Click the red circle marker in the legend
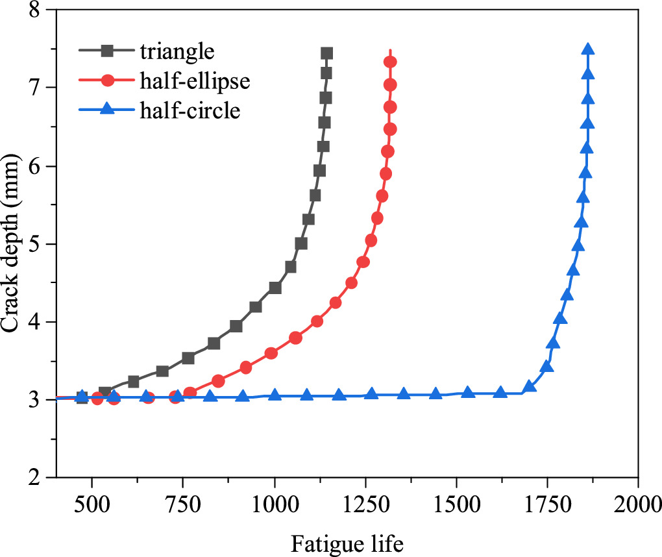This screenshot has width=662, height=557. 108,80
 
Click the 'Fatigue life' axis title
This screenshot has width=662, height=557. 347,542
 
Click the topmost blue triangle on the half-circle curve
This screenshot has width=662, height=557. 588,50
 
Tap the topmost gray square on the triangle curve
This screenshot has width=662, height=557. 326,53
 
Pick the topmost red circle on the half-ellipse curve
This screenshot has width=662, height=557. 390,62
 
